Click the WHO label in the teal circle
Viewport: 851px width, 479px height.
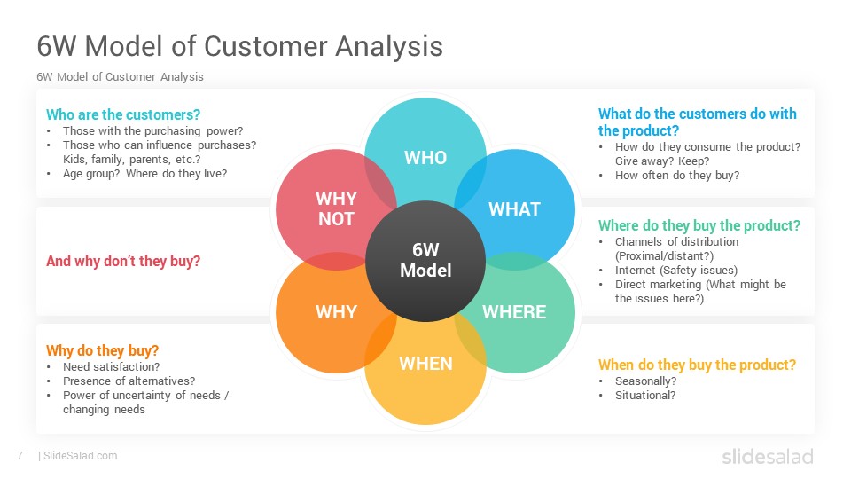[x=425, y=158]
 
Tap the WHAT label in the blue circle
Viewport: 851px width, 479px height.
[x=514, y=209]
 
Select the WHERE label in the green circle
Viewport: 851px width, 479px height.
[x=514, y=311]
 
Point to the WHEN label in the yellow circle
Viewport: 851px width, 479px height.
[x=425, y=364]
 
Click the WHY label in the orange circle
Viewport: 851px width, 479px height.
[x=337, y=311]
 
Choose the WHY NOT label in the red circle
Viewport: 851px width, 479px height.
[x=337, y=208]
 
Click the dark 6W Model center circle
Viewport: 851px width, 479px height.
[x=425, y=261]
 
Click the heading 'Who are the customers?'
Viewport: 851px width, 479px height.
[x=123, y=114]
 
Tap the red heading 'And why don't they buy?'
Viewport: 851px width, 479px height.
[x=123, y=261]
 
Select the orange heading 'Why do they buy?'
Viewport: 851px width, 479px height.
[x=103, y=351]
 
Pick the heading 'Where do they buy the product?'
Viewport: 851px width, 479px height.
[x=699, y=226]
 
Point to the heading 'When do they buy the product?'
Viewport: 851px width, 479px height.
[x=697, y=365]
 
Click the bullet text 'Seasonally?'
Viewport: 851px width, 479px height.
[x=646, y=381]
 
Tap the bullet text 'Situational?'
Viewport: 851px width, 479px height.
[x=645, y=396]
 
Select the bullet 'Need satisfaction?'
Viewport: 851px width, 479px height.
[x=112, y=367]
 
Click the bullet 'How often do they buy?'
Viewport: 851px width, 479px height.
[x=677, y=176]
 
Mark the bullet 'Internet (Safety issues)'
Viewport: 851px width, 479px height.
[x=676, y=271]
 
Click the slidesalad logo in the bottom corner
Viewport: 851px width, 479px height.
[x=768, y=456]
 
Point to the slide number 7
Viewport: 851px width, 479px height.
[x=20, y=456]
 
